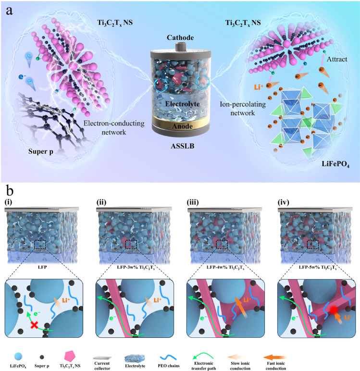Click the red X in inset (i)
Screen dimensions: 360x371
pos(34,325)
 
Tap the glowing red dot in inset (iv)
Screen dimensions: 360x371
pos(334,310)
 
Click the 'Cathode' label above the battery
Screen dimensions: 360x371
pos(180,37)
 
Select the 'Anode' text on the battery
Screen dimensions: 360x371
pos(182,126)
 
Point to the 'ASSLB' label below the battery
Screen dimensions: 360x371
pos(183,146)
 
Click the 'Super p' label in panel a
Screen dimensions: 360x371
pos(41,151)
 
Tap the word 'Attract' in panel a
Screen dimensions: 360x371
pos(337,59)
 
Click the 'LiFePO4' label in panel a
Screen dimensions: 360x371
pos(335,164)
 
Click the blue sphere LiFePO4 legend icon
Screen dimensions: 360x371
pos(18,356)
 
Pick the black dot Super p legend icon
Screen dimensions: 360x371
pos(42,357)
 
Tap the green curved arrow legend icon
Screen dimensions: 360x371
pos(203,356)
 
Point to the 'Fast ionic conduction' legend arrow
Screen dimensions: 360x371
pos(275,357)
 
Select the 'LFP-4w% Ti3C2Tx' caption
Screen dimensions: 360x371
pos(225,267)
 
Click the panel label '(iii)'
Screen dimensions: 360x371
pos(193,202)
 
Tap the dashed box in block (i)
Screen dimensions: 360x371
pos(40,245)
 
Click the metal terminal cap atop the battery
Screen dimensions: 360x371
pos(180,47)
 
